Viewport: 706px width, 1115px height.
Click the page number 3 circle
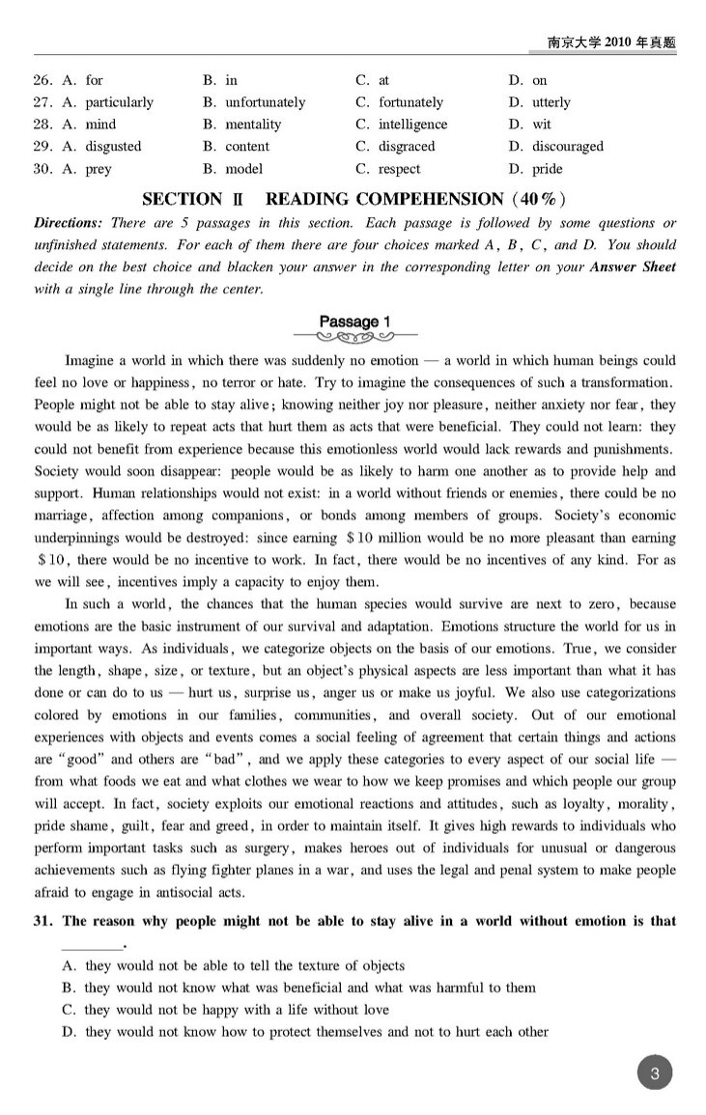pos(655,1073)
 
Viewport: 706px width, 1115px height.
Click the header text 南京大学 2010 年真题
pos(611,42)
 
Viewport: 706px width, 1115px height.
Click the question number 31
pos(44,921)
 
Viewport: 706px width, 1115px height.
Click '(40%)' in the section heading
pos(535,200)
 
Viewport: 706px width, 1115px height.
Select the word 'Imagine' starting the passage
pos(90,360)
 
